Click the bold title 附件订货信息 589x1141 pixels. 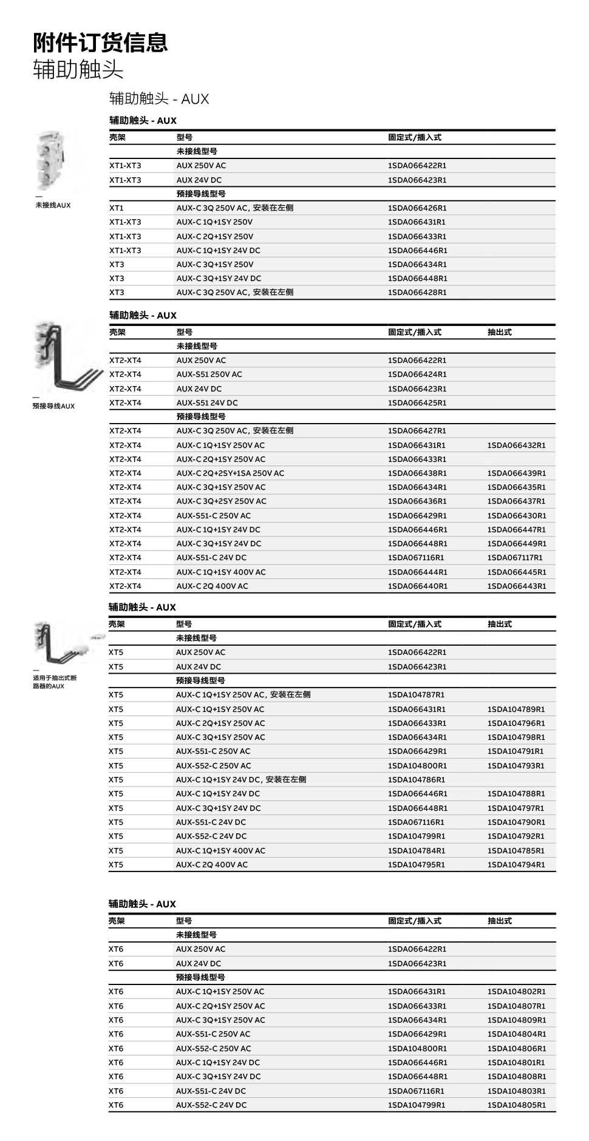coord(100,42)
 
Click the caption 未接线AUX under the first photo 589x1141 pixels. coord(53,205)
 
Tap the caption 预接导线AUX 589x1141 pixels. coord(53,406)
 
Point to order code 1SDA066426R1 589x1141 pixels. coord(417,208)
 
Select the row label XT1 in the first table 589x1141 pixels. coord(117,208)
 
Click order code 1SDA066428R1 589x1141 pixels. coord(417,292)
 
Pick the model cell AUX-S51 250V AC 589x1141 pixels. coord(209,374)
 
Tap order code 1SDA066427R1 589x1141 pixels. coord(417,430)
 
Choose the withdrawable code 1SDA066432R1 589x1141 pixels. coord(516,445)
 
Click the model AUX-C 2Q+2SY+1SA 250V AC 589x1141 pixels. coord(230,473)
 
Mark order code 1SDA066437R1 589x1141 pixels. coord(516,501)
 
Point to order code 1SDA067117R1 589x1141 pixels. coord(515,557)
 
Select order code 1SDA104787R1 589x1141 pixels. coord(416,694)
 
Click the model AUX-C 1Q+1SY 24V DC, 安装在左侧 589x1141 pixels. coord(240,779)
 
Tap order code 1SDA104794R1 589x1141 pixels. coord(516,864)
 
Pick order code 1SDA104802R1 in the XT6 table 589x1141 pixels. coord(516,991)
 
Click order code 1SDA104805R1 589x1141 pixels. coord(516,1105)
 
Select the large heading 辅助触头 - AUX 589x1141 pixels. coord(159,99)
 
